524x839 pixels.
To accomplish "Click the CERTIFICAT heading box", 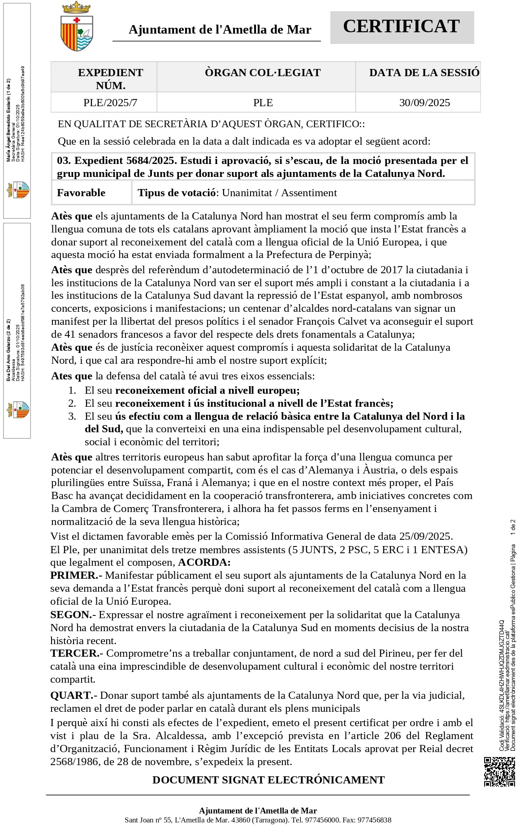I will [x=402, y=27].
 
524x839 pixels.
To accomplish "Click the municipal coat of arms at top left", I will [x=77, y=27].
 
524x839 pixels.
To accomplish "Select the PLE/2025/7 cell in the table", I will [x=110, y=103].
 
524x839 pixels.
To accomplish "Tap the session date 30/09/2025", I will [x=424, y=103].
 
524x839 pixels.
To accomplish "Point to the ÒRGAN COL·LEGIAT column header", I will [x=263, y=73].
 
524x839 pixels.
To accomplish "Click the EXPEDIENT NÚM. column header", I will [x=110, y=79].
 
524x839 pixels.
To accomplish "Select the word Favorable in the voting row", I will [x=81, y=193].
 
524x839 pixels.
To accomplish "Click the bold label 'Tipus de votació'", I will [x=177, y=193].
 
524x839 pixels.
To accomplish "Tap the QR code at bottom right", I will [x=499, y=771].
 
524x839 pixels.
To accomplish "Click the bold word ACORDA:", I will [x=204, y=562].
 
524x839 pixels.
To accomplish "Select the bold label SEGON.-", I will [x=73, y=615].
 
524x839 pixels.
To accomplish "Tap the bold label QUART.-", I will [x=74, y=695].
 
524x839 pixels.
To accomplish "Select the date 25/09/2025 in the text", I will [x=425, y=536].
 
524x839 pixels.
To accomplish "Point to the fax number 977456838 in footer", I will [x=375, y=820].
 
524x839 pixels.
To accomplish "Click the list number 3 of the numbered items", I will [x=72, y=416].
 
